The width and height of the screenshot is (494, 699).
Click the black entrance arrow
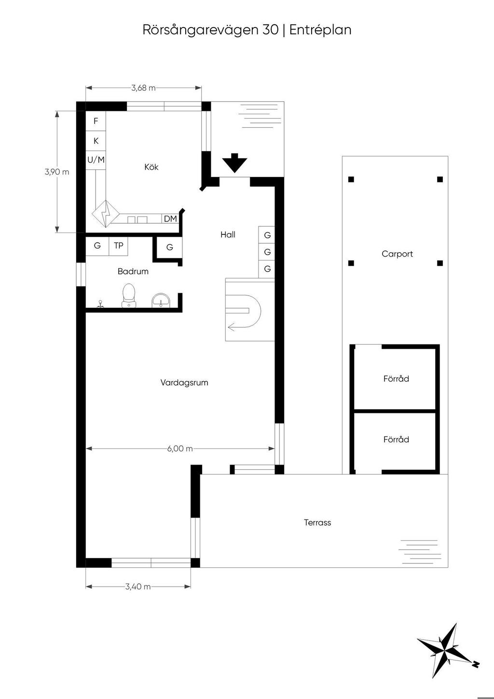234,163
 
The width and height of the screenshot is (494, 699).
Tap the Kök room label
151,167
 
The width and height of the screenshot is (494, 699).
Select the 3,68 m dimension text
143,88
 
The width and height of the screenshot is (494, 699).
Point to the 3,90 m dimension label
57,172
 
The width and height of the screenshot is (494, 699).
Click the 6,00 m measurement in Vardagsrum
180,449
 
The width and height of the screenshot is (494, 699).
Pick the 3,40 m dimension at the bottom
138,587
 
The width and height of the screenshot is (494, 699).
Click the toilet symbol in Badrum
128,295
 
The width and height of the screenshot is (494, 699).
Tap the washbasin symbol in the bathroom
161,300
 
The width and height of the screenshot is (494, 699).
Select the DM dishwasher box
170,219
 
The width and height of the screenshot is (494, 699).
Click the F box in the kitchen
96,121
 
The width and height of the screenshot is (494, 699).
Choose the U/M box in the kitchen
96,160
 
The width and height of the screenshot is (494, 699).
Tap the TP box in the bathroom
119,246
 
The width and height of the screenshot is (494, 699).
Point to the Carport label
397,254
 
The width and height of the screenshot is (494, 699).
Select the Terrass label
317,522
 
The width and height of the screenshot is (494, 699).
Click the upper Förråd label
396,379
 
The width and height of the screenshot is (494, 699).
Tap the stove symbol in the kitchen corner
106,214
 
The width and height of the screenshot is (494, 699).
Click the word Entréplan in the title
320,30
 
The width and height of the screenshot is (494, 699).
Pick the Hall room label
228,234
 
